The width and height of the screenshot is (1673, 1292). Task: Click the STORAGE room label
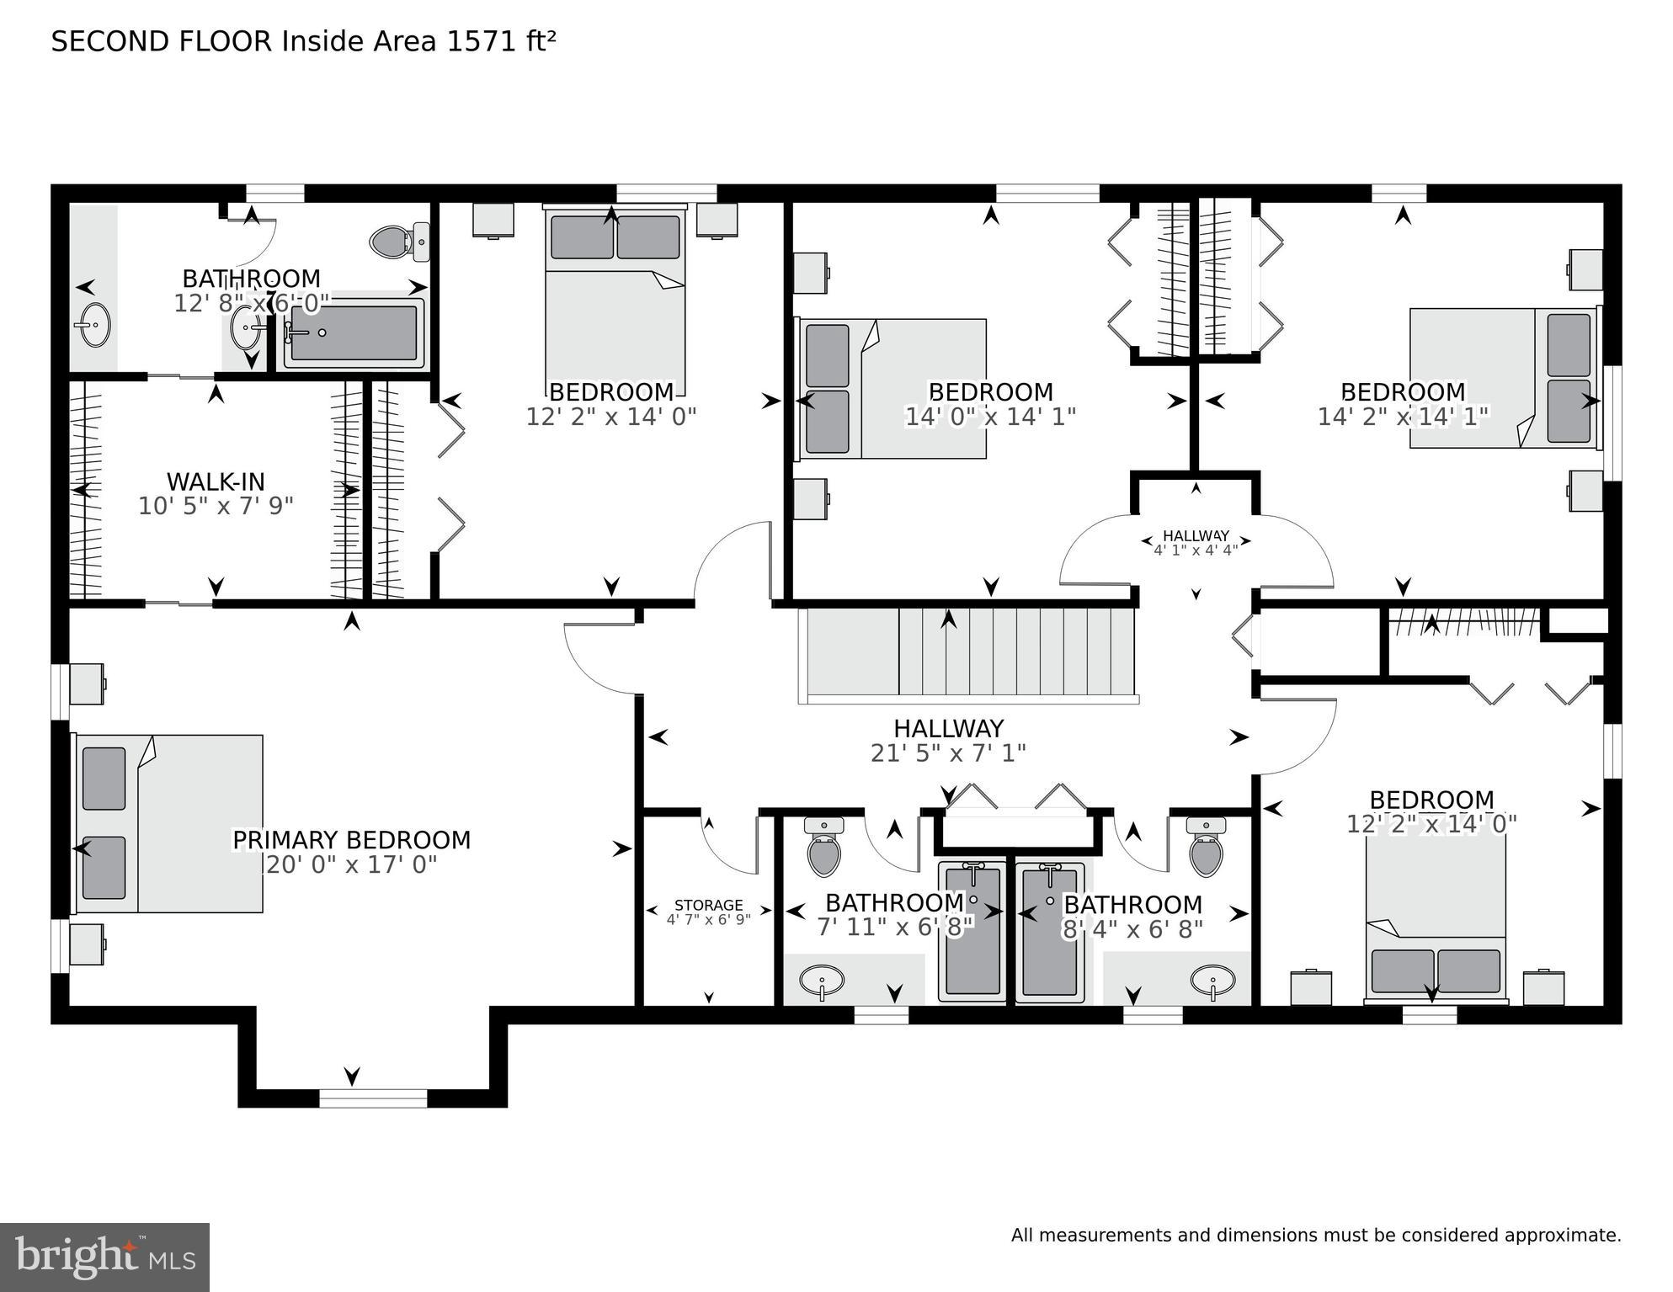pyautogui.click(x=708, y=906)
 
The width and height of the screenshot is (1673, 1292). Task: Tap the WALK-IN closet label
pyautogui.click(x=216, y=482)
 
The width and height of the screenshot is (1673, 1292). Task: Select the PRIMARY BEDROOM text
pyautogui.click(x=351, y=840)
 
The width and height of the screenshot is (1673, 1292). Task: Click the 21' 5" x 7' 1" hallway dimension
pyautogui.click(x=948, y=753)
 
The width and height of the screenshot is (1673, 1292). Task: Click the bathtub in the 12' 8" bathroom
pyautogui.click(x=354, y=333)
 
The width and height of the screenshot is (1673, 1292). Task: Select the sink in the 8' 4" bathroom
pyautogui.click(x=1212, y=981)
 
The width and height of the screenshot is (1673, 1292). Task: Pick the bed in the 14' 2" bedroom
pyautogui.click(x=1504, y=378)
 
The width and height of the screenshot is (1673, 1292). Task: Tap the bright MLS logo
pyautogui.click(x=104, y=1257)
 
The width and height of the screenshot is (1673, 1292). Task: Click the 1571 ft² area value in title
pyautogui.click(x=500, y=41)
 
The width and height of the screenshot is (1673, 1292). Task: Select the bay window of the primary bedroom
pyautogui.click(x=373, y=1098)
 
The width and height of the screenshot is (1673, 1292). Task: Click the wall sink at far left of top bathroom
pyautogui.click(x=92, y=324)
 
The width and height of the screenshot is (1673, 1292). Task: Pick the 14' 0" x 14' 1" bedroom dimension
pyautogui.click(x=990, y=417)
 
